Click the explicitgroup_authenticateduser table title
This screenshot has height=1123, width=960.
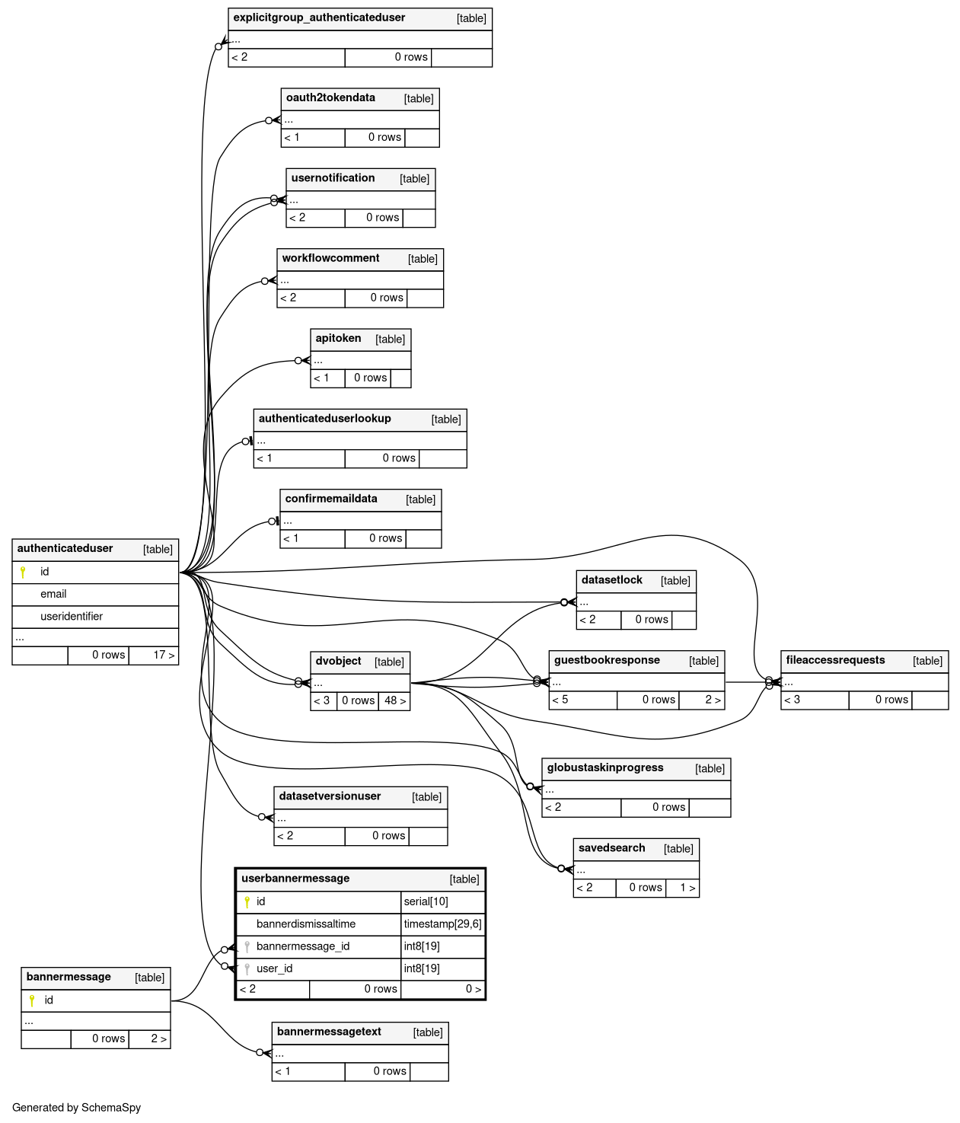319,18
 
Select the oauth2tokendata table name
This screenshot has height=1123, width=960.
330,97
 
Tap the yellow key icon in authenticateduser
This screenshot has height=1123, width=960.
23,572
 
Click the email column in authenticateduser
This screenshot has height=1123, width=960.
53,594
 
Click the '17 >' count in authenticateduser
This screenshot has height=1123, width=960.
164,655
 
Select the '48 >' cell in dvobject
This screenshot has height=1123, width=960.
395,700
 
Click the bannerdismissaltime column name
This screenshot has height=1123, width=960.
306,924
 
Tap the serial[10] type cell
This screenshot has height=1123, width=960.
426,901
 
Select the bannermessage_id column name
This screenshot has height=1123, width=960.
303,946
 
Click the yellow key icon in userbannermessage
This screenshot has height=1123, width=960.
247,902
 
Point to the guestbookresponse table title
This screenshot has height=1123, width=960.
607,660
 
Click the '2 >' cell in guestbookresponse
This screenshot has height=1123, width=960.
713,700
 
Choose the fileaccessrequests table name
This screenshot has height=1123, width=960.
835,660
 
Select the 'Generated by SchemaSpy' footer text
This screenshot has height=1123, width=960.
76,1108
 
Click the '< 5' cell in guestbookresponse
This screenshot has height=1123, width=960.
560,700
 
